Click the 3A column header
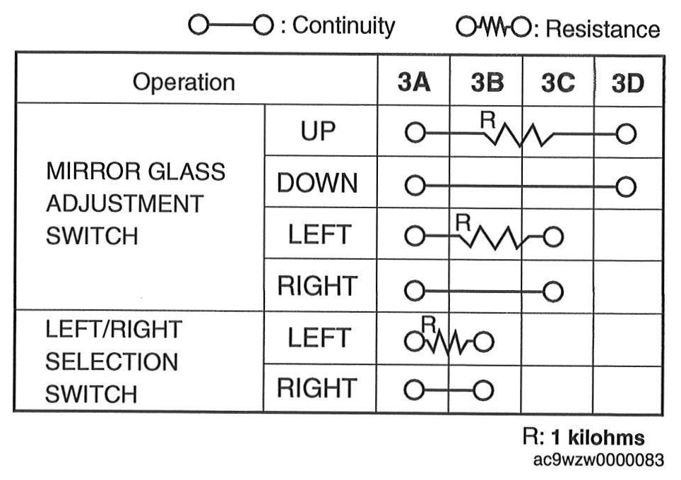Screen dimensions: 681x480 click(x=414, y=82)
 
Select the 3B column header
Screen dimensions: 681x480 click(x=487, y=83)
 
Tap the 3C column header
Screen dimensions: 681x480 click(x=558, y=83)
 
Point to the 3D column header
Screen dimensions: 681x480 click(x=628, y=83)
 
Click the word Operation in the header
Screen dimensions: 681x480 click(x=184, y=82)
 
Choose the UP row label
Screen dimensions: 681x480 click(x=319, y=131)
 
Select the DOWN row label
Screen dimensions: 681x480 click(x=317, y=183)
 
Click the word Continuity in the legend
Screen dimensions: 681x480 click(x=343, y=25)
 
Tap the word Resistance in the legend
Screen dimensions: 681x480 click(x=603, y=29)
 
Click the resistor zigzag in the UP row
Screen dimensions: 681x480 click(x=519, y=135)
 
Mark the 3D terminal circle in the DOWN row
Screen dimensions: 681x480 click(x=626, y=186)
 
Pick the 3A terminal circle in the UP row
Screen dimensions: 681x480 click(x=415, y=133)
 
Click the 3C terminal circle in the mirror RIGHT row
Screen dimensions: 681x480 click(x=553, y=292)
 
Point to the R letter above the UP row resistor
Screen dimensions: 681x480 click(x=487, y=120)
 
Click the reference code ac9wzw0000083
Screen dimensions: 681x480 click(x=598, y=460)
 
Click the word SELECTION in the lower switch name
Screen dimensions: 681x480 click(x=112, y=361)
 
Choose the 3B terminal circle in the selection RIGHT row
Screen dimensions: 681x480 click(x=483, y=390)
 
